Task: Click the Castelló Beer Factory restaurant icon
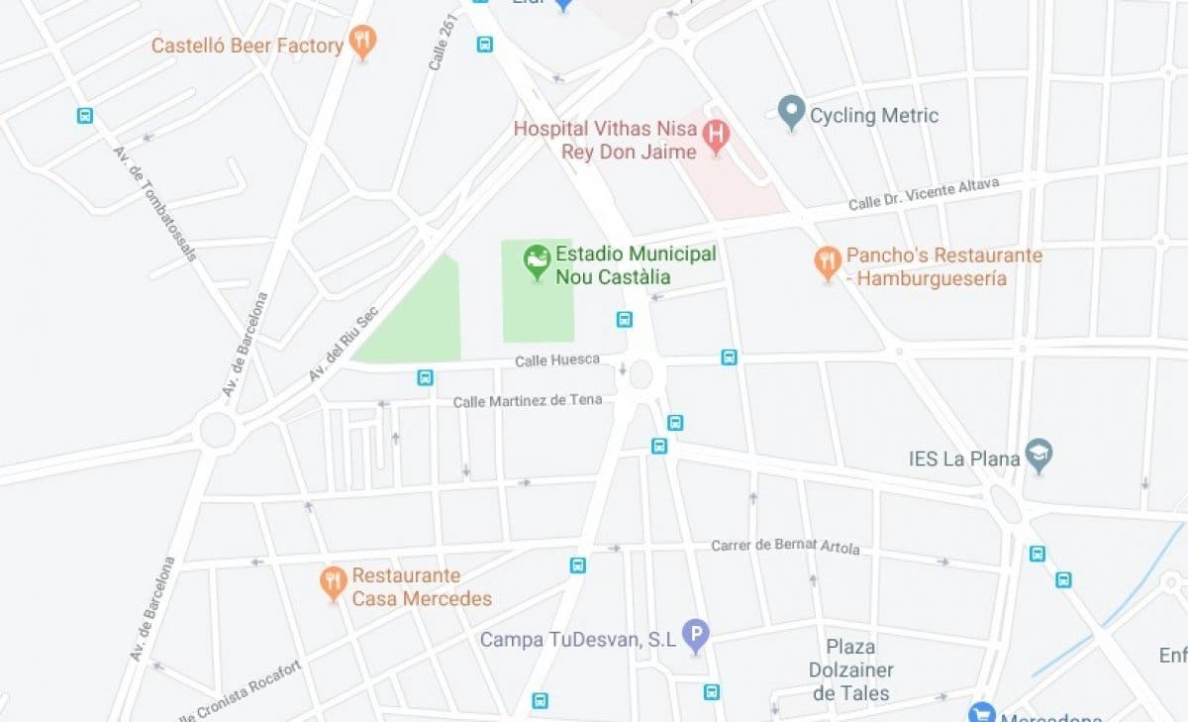363,43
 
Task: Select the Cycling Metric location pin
790,112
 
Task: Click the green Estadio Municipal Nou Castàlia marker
537,260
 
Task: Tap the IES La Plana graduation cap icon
1039,455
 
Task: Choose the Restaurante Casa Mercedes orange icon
334,582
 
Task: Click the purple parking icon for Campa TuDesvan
697,635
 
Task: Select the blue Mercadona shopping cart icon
981,713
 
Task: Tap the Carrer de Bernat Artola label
785,547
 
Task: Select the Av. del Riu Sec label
343,344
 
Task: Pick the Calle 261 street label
443,41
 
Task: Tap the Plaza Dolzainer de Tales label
850,670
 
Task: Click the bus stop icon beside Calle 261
484,44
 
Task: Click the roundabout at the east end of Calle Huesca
641,374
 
